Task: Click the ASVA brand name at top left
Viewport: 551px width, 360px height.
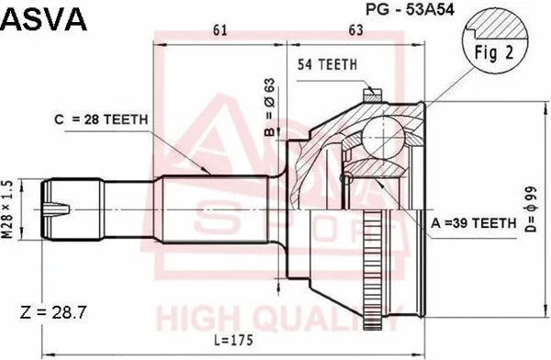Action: [x=45, y=19]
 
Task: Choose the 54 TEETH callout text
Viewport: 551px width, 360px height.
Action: [x=328, y=64]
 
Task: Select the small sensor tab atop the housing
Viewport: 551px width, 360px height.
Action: [x=372, y=92]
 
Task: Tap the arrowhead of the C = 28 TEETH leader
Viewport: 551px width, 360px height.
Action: [x=213, y=173]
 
